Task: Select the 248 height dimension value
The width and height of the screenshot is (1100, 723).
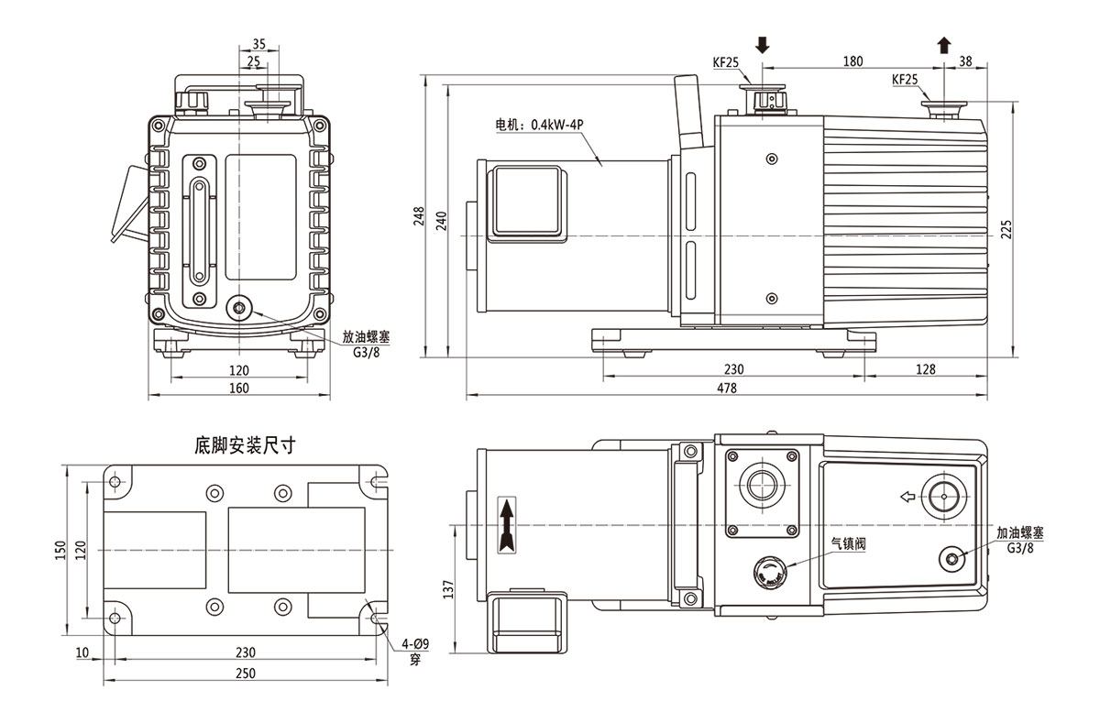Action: click(x=419, y=216)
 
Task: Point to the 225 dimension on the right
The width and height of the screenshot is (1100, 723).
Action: click(x=1006, y=228)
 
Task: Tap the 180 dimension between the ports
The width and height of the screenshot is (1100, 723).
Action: click(x=852, y=61)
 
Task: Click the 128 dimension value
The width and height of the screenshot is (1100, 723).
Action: click(x=925, y=369)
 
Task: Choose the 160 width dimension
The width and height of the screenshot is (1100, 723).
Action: click(x=238, y=388)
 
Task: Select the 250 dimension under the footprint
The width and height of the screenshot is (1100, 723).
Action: click(x=245, y=673)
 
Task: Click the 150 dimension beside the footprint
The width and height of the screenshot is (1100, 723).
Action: click(x=60, y=549)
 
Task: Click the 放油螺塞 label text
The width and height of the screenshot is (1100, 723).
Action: click(x=366, y=336)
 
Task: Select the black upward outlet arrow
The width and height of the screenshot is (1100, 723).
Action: click(x=944, y=43)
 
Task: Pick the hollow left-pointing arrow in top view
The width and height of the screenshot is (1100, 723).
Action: click(x=907, y=498)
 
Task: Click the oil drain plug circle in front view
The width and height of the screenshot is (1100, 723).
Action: click(x=242, y=308)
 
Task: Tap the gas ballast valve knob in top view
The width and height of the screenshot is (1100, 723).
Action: click(x=767, y=575)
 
